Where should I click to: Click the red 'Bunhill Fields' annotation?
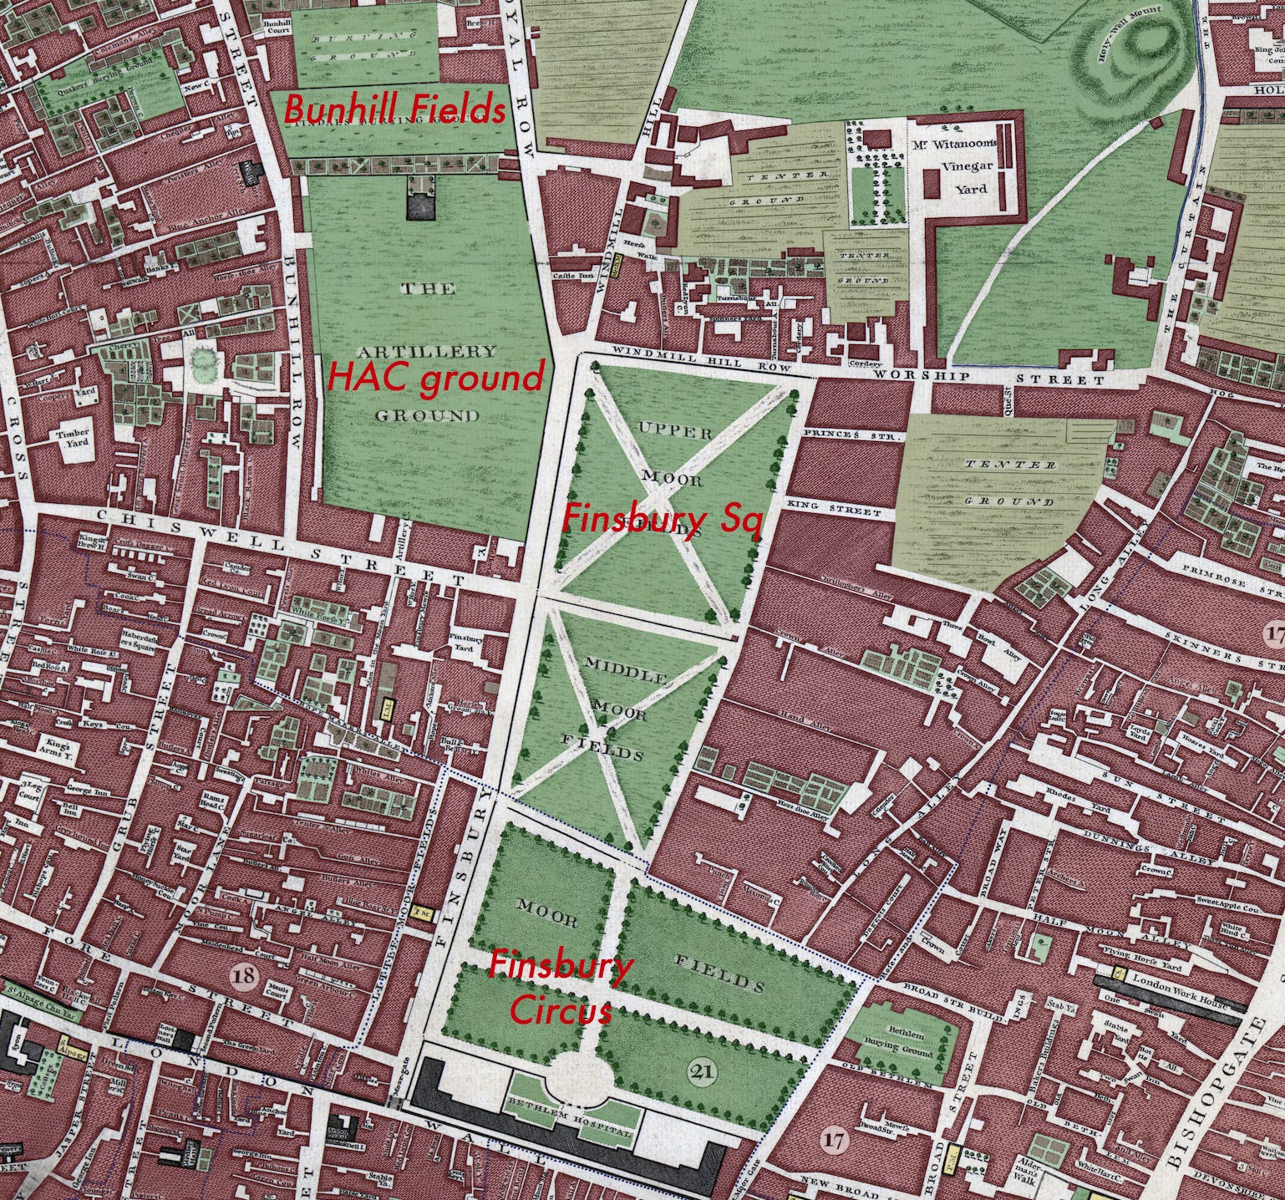[x=395, y=109]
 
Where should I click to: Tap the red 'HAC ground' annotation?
[x=435, y=378]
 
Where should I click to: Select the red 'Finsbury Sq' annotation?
[x=660, y=519]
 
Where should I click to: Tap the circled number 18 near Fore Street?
[x=245, y=974]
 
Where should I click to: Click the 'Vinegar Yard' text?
[x=965, y=176]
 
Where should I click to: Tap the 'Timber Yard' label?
[x=71, y=440]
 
